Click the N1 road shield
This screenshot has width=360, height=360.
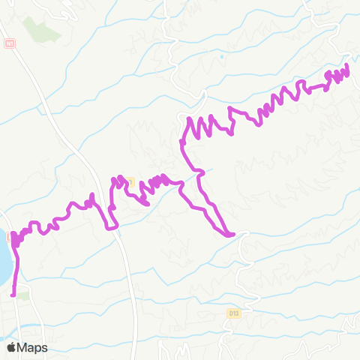click(x=9, y=43)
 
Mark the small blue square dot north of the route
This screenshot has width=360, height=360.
click(x=222, y=56)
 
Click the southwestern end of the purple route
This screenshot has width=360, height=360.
click(x=13, y=295)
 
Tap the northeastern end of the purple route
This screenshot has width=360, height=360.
click(x=348, y=68)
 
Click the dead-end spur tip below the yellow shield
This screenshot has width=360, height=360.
click(x=148, y=203)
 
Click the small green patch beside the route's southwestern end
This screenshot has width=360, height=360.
click(x=23, y=296)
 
